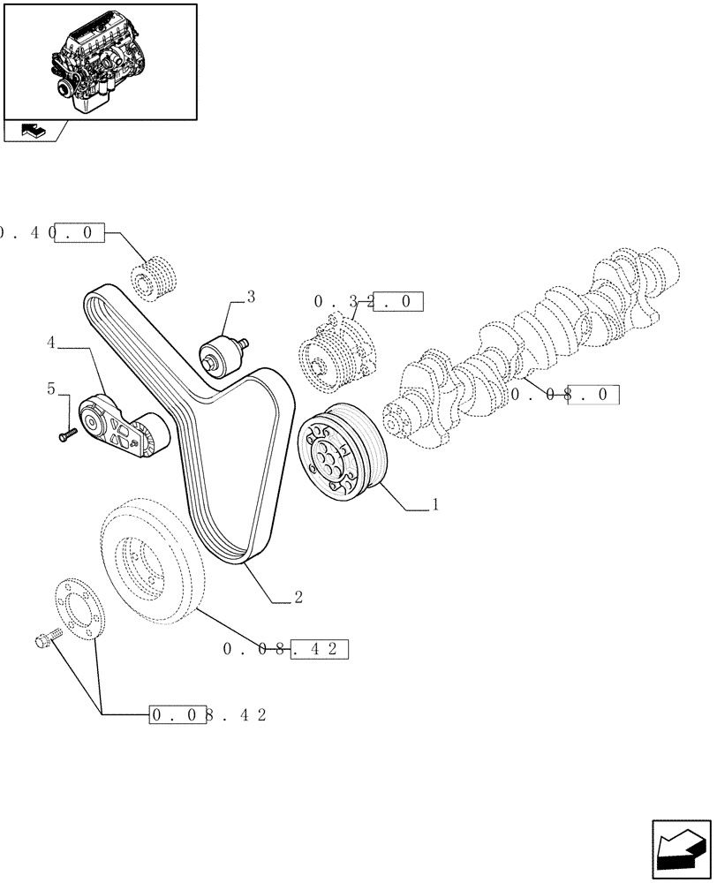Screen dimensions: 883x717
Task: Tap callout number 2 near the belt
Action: coord(298,598)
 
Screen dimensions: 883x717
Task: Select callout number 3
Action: coord(251,298)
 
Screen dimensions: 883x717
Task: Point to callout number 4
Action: coord(51,341)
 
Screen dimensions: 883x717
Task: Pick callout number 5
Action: coord(51,388)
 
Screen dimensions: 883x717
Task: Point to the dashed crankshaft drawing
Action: coord(530,340)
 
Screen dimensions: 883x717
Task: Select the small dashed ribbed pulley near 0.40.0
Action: coord(155,274)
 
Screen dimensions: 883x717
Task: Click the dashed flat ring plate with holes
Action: coord(79,608)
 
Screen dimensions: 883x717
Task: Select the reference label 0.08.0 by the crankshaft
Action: coord(565,395)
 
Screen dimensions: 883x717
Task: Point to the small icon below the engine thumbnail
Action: coord(32,131)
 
